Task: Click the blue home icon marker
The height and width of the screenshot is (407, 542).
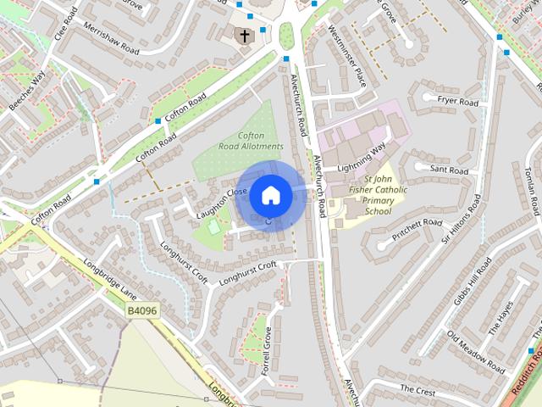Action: coord(270,195)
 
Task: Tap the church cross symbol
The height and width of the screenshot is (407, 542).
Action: coord(245,36)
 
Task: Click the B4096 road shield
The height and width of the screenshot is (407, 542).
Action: coord(143,311)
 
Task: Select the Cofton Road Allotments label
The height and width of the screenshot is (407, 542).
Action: coord(250,141)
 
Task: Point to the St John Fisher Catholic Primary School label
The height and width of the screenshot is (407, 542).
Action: coord(379,195)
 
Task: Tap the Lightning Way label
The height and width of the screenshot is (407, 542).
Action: coord(362,158)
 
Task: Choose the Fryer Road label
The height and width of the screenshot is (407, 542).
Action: coord(458,103)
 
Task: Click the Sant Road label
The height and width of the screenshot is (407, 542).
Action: coord(449,170)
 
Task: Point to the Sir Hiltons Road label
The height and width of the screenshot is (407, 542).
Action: coord(461,219)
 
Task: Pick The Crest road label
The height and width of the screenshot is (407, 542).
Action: coord(418,389)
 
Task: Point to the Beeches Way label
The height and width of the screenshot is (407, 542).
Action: coord(25,93)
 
